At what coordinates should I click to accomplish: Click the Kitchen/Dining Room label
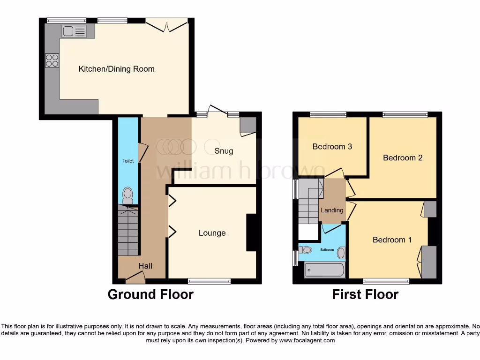pos(116,69)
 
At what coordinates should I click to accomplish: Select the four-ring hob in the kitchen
pos(52,61)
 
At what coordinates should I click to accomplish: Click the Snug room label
pos(224,151)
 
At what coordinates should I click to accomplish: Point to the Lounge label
pos(212,233)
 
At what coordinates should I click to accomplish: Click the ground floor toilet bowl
pos(127,195)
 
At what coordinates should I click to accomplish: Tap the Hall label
pos(145,266)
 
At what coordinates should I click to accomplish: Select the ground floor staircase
pos(128,232)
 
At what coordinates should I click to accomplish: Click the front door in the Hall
pos(135,279)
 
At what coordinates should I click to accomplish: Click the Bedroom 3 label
pos(332,147)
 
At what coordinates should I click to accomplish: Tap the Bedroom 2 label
pos(403,157)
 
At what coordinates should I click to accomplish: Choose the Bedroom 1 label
pos(392,240)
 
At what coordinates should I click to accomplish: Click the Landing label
pos(332,210)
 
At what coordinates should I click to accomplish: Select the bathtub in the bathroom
pos(325,270)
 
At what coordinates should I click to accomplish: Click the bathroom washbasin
pos(341,254)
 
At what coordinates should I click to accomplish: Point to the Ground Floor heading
pos(150,294)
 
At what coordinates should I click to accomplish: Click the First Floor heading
pos(365,294)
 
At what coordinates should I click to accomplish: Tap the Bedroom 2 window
pos(405,113)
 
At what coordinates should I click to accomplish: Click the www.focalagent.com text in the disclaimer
pos(307,340)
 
